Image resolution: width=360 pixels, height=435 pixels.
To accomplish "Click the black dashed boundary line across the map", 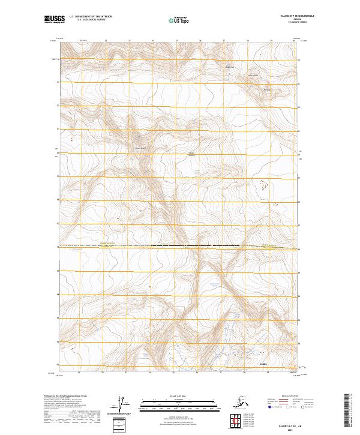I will click(x=150, y=245).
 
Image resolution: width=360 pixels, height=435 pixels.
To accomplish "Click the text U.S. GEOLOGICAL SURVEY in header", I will click(x=84, y=21).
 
